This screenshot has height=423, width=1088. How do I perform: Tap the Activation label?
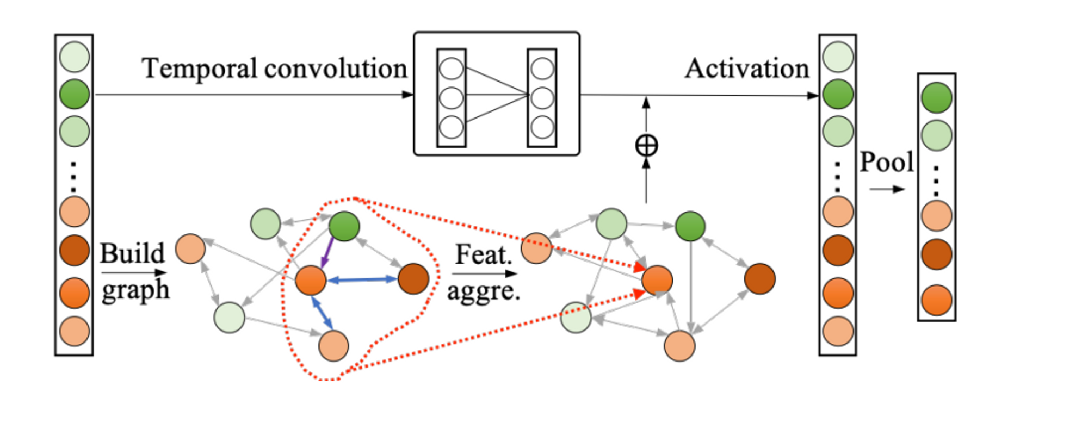[x=747, y=69]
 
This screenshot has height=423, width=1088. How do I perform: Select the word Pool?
[x=886, y=162]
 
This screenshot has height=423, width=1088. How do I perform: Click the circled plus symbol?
[x=646, y=146]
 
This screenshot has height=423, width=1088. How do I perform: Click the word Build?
[x=132, y=253]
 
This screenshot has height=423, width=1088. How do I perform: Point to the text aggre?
[x=483, y=291]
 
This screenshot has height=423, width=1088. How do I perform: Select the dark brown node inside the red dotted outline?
[x=413, y=279]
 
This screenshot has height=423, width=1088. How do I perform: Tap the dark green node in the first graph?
[x=344, y=226]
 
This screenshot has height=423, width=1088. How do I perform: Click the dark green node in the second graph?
[x=690, y=226]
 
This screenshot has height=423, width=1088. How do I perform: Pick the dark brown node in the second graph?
[x=760, y=279]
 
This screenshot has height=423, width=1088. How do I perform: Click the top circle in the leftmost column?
[x=75, y=57]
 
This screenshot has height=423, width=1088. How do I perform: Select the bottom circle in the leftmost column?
[x=75, y=331]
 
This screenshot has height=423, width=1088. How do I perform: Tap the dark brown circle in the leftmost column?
[x=75, y=251]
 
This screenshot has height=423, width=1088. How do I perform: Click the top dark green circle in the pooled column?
[x=936, y=98]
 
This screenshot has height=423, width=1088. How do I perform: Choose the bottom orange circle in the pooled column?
[x=936, y=300]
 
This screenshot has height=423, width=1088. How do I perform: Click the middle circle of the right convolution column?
[x=542, y=98]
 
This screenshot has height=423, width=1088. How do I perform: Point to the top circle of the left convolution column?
[x=451, y=69]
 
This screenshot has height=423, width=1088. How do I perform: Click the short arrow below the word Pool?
[x=886, y=189]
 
